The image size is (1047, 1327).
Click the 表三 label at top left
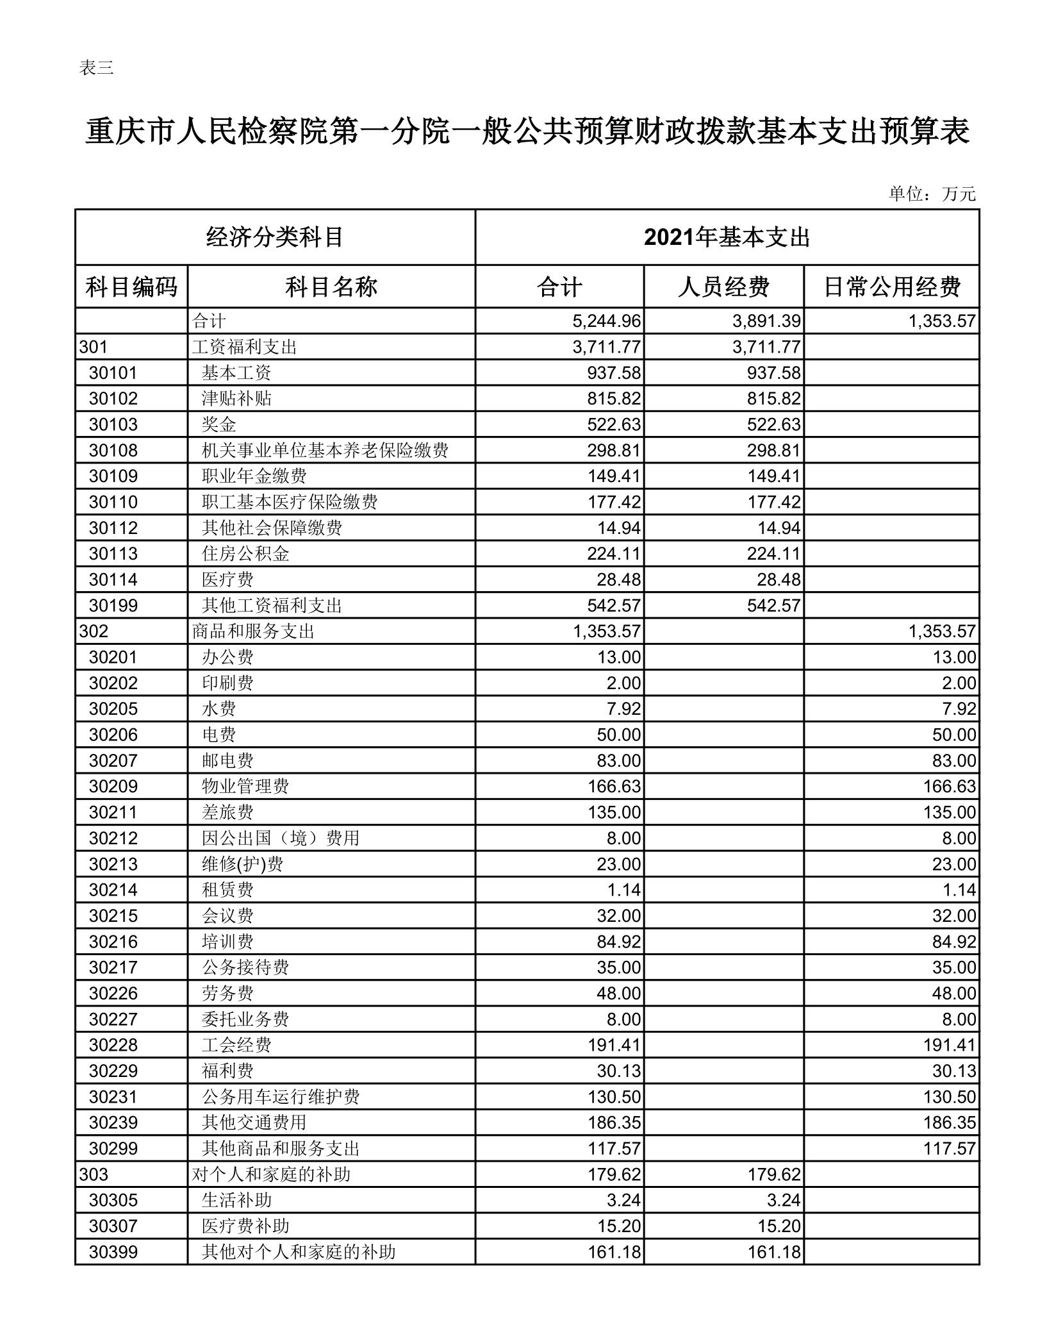click(96, 67)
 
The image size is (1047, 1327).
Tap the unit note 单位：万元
click(932, 194)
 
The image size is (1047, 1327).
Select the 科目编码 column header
click(131, 287)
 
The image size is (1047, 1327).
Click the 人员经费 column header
click(723, 287)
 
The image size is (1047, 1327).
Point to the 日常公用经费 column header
click(891, 287)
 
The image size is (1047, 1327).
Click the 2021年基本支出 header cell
click(727, 237)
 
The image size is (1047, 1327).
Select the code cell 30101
click(113, 372)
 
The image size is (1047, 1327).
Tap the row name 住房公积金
click(245, 554)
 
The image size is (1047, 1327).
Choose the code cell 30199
click(113, 605)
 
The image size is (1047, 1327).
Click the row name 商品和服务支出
click(253, 631)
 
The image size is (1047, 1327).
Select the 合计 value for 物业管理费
click(614, 787)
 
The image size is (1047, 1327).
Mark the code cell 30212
click(113, 838)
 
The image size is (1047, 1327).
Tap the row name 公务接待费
click(245, 967)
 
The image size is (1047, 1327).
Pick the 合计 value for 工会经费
click(614, 1045)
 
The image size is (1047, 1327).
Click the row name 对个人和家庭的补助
click(271, 1174)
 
